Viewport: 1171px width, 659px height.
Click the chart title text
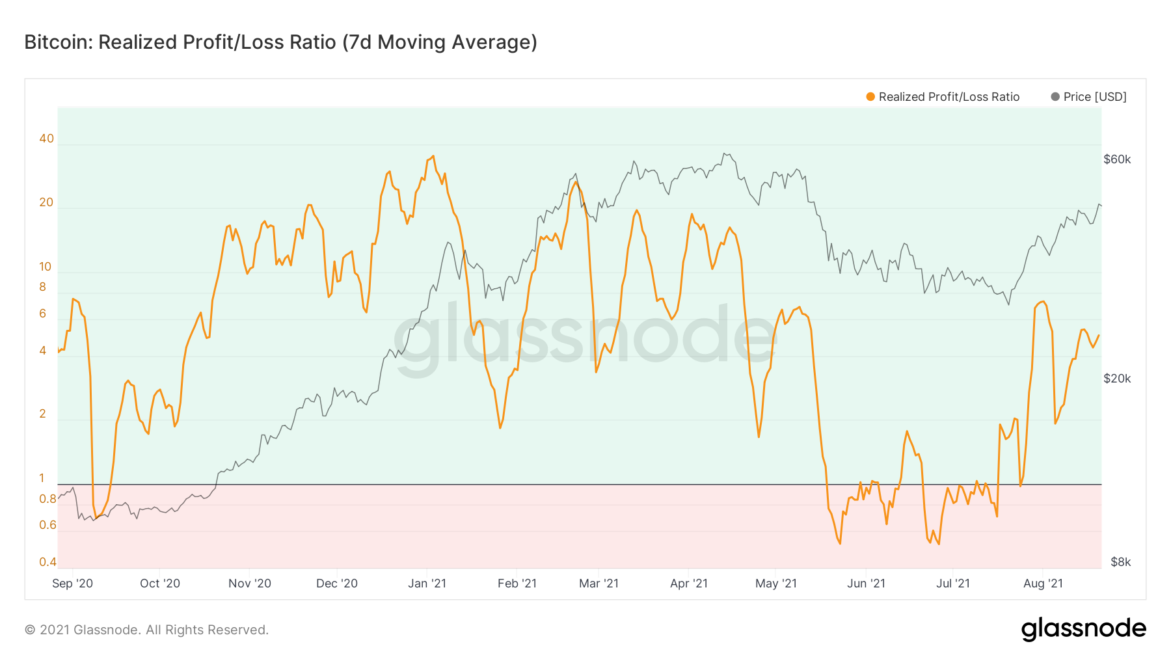tap(280, 42)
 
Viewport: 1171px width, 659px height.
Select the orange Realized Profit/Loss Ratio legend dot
tap(870, 97)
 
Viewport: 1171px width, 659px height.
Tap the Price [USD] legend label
tap(1095, 97)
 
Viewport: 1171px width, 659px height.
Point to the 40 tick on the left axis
tap(46, 139)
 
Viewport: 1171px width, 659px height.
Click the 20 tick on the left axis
tap(46, 202)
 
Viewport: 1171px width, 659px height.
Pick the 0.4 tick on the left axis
tap(47, 562)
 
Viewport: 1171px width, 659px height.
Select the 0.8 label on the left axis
tap(47, 499)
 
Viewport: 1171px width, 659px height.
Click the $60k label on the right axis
tap(1117, 159)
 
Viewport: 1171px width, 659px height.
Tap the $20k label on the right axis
tap(1117, 379)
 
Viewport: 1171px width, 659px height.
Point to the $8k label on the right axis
tap(1120, 562)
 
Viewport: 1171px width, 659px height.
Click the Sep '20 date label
tap(72, 584)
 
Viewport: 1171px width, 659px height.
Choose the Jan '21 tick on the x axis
tap(427, 584)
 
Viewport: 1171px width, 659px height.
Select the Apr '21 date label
tap(689, 584)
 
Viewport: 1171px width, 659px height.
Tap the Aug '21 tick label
tap(1043, 584)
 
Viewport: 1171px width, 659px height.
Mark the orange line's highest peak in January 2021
tap(433, 156)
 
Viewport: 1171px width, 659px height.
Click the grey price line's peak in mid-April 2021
tap(725, 154)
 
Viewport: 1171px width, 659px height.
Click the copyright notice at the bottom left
tap(146, 630)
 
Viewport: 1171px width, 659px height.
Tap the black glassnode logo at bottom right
tap(1083, 629)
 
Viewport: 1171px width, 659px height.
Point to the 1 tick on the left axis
tap(42, 478)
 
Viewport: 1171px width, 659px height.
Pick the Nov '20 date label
tap(250, 584)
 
